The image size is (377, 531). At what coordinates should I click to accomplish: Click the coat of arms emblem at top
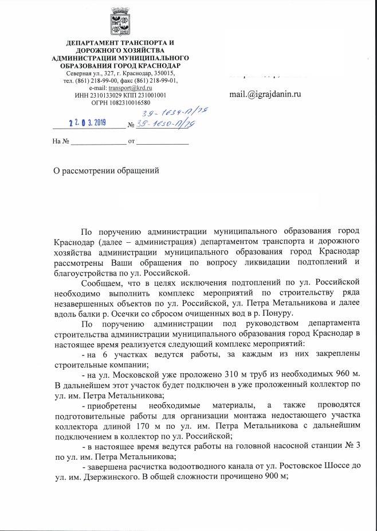click(x=120, y=22)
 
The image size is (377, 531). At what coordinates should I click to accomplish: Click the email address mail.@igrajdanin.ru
click(x=265, y=95)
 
